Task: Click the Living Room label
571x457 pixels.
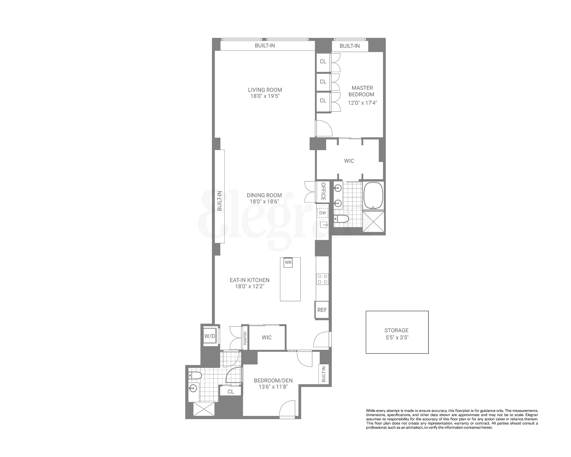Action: point(265,90)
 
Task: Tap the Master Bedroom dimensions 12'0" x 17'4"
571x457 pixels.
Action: point(362,103)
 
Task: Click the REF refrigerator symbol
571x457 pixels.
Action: point(322,310)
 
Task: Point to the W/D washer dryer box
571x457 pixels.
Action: point(210,336)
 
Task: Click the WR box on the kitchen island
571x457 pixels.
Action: point(288,263)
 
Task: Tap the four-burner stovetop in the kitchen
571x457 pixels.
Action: point(322,279)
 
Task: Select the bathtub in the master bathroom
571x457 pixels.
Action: point(373,195)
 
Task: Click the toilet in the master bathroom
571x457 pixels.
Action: point(342,219)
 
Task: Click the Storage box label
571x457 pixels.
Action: point(397,330)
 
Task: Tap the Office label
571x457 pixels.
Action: point(323,191)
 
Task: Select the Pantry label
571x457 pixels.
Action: point(245,338)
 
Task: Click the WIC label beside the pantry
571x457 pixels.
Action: point(266,337)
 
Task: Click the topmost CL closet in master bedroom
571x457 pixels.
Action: point(323,62)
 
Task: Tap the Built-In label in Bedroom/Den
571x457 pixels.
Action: point(323,374)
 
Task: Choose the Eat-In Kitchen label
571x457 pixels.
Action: point(250,280)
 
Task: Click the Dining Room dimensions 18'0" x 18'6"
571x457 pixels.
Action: point(264,201)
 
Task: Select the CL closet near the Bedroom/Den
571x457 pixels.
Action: point(231,392)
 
